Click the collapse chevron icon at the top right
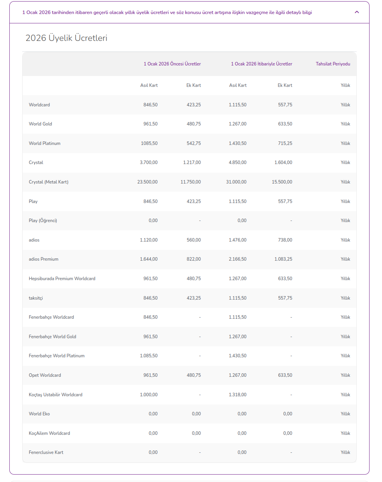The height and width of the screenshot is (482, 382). (357, 12)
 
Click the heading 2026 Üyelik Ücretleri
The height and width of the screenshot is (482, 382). (66, 38)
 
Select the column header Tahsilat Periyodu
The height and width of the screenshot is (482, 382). (333, 64)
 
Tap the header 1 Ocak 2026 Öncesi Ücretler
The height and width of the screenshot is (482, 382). (172, 64)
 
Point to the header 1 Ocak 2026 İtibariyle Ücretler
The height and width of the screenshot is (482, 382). (262, 64)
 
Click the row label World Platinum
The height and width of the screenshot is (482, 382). (44, 143)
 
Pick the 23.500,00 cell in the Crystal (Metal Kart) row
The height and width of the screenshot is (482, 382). (147, 182)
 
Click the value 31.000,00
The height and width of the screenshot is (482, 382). (236, 182)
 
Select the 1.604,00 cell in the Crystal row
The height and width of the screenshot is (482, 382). (283, 162)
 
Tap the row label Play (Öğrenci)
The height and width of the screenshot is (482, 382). (43, 221)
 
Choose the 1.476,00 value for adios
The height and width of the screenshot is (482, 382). (238, 240)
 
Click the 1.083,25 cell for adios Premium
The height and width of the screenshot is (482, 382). (283, 259)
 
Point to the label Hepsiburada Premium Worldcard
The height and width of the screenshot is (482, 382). (62, 279)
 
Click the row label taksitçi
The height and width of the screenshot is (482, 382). (35, 298)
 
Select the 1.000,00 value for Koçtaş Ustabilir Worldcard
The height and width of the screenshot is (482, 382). (149, 395)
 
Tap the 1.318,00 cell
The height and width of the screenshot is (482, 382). (238, 395)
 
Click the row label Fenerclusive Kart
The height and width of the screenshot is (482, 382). (46, 452)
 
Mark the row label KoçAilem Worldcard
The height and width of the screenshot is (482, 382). (49, 433)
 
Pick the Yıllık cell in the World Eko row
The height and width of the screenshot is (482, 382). (345, 414)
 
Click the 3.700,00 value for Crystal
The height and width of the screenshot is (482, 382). (149, 162)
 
